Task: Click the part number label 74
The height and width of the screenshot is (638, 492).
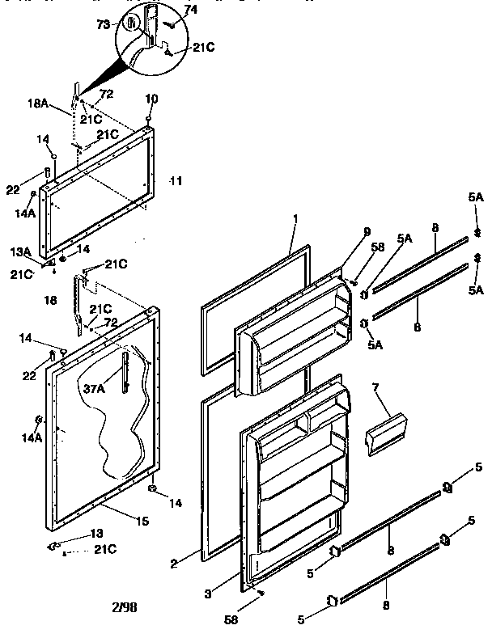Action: click(x=190, y=9)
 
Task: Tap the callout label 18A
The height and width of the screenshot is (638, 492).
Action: click(x=39, y=104)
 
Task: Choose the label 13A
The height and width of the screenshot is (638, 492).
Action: click(x=20, y=252)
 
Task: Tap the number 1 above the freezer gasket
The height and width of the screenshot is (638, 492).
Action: click(x=296, y=219)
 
